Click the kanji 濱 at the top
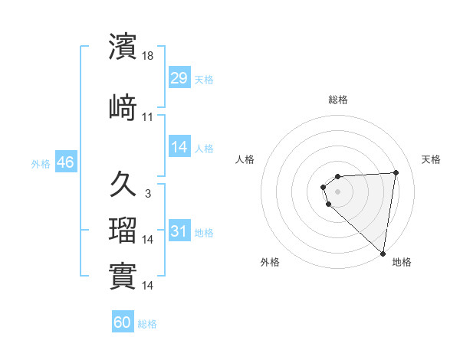click(123, 46)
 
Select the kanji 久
click(123, 184)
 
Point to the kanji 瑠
click(123, 231)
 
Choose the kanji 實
click(123, 276)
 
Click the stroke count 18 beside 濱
click(149, 57)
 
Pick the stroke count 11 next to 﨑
click(148, 117)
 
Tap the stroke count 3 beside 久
click(148, 194)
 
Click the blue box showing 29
click(179, 78)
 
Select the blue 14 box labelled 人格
click(179, 147)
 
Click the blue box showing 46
click(65, 163)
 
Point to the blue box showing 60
click(123, 322)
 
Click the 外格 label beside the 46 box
click(41, 164)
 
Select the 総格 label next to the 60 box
click(147, 324)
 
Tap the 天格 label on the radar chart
click(431, 159)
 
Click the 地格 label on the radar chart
click(402, 262)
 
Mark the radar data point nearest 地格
click(383, 253)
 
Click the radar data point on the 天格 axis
click(396, 172)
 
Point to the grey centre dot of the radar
click(337, 191)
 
